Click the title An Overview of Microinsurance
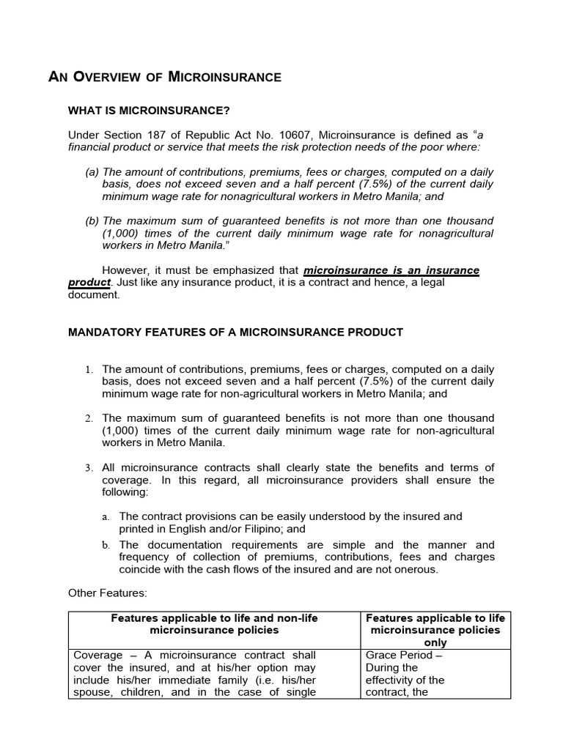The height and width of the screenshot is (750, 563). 164,77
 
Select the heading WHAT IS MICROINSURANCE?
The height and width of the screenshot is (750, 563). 149,111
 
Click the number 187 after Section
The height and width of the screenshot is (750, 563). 158,135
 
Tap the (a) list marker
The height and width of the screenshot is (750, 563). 92,172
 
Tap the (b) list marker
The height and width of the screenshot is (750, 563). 92,220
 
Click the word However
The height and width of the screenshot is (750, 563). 125,270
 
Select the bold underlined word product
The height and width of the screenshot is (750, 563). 89,283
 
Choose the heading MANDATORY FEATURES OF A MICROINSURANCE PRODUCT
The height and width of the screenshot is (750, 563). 235,332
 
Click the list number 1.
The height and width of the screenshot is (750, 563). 88,369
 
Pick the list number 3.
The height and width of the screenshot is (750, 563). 88,468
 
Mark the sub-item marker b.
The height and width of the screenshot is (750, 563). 106,545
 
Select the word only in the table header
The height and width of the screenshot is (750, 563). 435,642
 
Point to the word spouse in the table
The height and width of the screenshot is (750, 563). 92,692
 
